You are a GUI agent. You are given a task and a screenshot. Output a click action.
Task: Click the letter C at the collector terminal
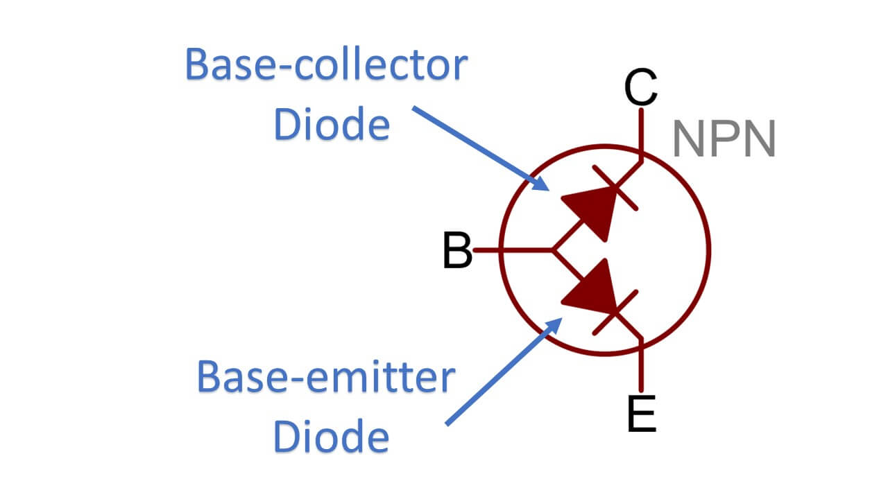point(640,88)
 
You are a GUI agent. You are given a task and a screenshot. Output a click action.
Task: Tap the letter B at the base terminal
point(457,251)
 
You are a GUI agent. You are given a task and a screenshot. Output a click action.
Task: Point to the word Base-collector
point(326,67)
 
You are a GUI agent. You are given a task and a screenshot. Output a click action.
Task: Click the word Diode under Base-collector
point(331,125)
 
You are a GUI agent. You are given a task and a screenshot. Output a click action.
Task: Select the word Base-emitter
point(326,378)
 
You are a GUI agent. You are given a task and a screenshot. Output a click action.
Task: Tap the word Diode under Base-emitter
point(331,437)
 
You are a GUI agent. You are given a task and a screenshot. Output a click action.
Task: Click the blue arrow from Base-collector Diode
point(479,148)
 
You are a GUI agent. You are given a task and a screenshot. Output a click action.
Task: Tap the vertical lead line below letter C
point(642,132)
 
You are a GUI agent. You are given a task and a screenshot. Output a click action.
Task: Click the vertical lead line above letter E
point(642,367)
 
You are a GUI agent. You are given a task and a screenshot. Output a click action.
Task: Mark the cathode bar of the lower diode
point(615,313)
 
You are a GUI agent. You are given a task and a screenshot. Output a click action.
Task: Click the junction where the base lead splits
point(553,249)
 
